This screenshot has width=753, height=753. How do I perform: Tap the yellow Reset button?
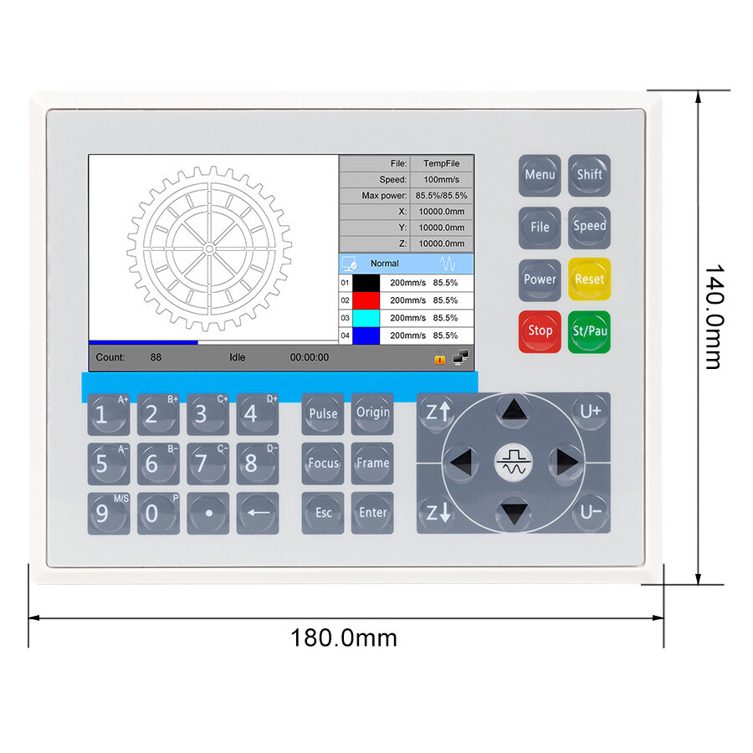[589, 279]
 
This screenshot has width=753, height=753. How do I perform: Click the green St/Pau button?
[589, 331]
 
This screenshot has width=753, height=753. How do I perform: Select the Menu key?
[540, 176]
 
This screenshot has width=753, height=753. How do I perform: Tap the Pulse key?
[323, 413]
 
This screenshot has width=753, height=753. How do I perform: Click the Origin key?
[372, 412]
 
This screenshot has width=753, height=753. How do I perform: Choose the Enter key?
[372, 513]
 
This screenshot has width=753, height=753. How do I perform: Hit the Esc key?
[323, 513]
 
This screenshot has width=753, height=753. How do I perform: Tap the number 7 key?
[201, 464]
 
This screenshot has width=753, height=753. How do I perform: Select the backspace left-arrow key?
[258, 513]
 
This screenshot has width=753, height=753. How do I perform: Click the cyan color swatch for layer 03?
[366, 318]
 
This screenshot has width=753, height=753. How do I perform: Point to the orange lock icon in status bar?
[439, 358]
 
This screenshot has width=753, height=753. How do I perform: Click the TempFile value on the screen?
[441, 163]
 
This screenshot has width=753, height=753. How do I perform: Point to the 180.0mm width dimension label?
[344, 638]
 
